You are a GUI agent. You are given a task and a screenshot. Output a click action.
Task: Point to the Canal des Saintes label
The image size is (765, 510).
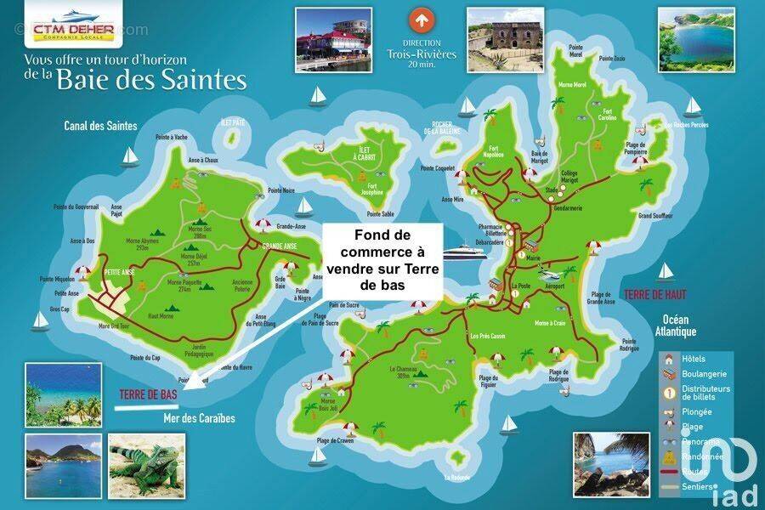tap(100, 126)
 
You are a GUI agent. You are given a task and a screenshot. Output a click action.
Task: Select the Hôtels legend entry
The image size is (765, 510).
tap(693, 359)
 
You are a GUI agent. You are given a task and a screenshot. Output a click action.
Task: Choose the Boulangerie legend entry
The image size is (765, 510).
tap(697, 373)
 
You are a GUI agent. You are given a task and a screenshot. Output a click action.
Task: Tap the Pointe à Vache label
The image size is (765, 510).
tap(171, 137)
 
